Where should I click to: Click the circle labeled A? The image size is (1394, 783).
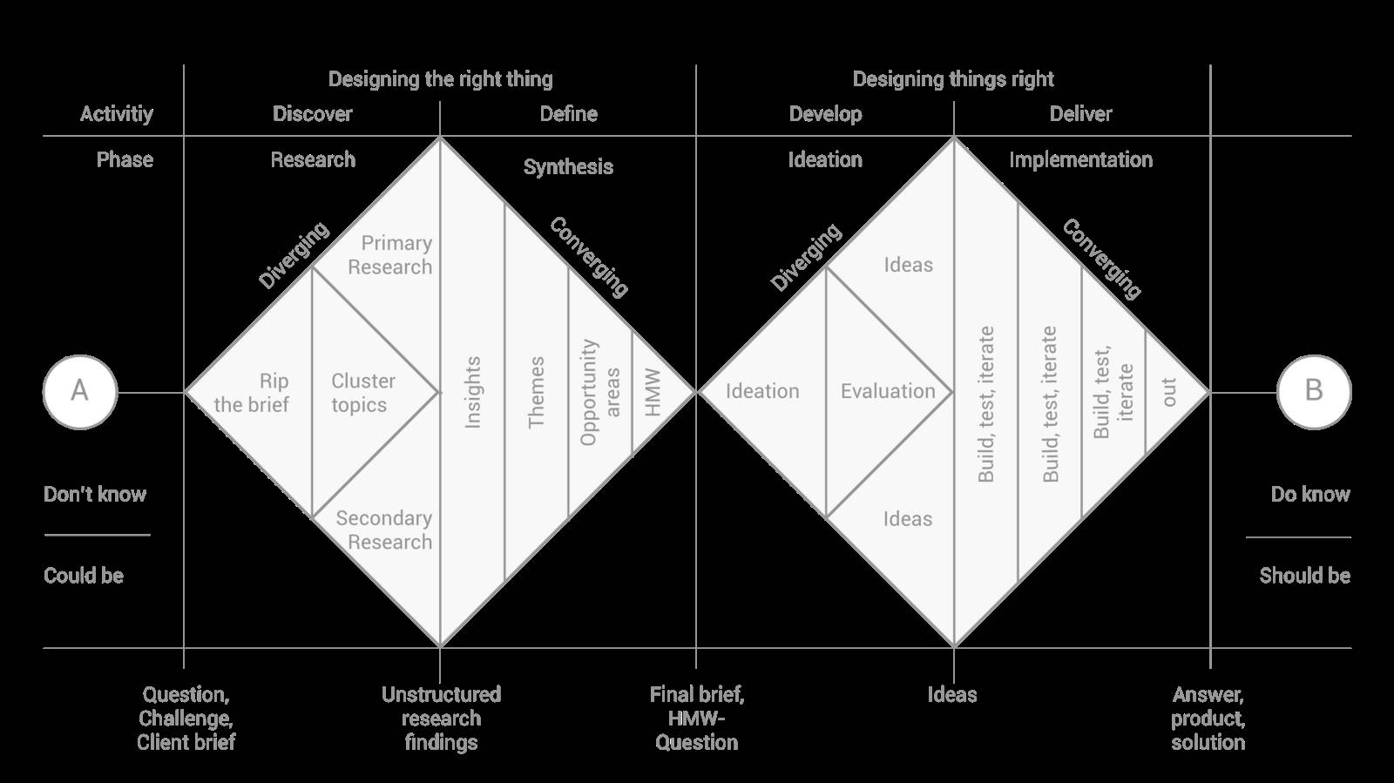tap(79, 391)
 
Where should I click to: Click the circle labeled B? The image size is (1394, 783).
tap(1314, 391)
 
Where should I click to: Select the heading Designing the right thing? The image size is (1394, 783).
tap(440, 79)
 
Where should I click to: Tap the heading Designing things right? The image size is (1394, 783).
tap(953, 79)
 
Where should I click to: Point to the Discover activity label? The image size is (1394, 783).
tap(312, 114)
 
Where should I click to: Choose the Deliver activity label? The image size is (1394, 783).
tap(1080, 114)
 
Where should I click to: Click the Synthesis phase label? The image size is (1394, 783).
tap(568, 167)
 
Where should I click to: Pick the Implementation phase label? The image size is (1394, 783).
tap(1080, 159)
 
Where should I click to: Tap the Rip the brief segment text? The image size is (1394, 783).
tap(252, 393)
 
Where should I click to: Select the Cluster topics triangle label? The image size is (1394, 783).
tap(362, 393)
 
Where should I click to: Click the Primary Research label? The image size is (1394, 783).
tap(391, 255)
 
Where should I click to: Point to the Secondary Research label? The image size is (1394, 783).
tap(385, 530)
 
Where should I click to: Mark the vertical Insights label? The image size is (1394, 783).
tap(472, 392)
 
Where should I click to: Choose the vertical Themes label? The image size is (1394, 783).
tap(536, 392)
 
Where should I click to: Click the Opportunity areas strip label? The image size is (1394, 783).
tap(600, 392)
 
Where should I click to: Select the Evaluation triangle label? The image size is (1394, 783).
tap(888, 391)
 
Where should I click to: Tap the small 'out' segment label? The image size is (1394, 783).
tap(1169, 392)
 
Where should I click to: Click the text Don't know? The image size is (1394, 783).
tap(95, 495)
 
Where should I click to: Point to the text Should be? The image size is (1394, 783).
tap(1304, 576)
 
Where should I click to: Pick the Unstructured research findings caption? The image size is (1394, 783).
tap(441, 719)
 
